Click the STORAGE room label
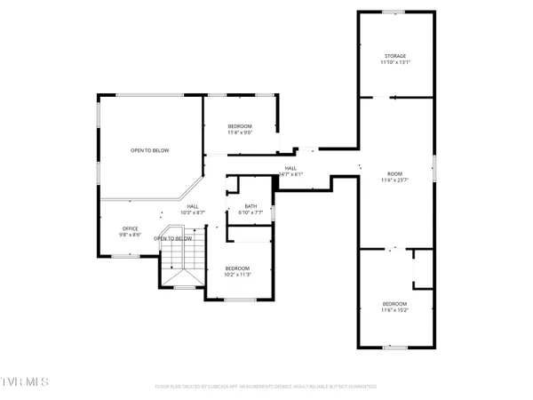pyautogui.click(x=394, y=56)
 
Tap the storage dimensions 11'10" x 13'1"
pyautogui.click(x=394, y=63)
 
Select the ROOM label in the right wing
pyautogui.click(x=394, y=174)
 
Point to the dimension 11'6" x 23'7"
pyautogui.click(x=394, y=181)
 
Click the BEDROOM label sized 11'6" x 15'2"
pyautogui.click(x=394, y=303)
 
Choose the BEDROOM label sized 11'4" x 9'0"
pyautogui.click(x=239, y=126)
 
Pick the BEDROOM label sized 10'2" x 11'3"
pyautogui.click(x=237, y=268)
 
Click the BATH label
pyautogui.click(x=251, y=206)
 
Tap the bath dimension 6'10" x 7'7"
pyautogui.click(x=251, y=213)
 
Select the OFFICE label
pyautogui.click(x=131, y=228)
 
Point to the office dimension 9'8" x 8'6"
pyautogui.click(x=131, y=236)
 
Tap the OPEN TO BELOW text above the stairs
pyautogui.click(x=173, y=238)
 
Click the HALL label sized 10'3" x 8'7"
pyautogui.click(x=193, y=206)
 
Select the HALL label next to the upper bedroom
pyautogui.click(x=290, y=168)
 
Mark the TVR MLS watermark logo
pyautogui.click(x=25, y=382)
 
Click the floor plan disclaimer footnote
pyautogui.click(x=266, y=387)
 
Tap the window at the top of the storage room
pyautogui.click(x=394, y=12)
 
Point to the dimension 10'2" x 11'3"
pyautogui.click(x=237, y=276)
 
